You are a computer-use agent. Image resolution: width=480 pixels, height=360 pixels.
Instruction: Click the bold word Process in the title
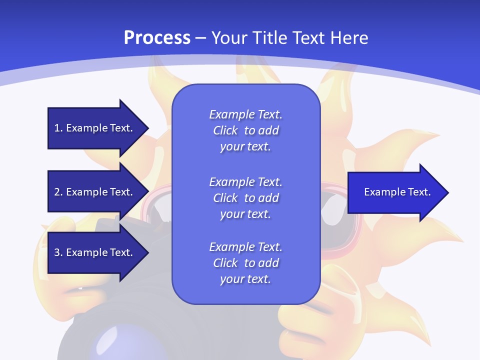(157, 38)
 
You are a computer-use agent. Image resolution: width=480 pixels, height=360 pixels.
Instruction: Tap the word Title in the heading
(268, 38)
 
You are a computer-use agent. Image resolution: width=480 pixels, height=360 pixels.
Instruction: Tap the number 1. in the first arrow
(58, 128)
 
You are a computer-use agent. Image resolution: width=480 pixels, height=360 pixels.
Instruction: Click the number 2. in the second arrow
(58, 192)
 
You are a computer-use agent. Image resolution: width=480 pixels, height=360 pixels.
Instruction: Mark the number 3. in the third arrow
(58, 252)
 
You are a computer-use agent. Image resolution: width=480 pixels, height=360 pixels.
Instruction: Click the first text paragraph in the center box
(245, 130)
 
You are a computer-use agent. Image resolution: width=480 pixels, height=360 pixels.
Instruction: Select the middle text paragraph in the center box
(245, 198)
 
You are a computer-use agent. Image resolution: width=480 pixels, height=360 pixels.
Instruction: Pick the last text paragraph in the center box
(245, 263)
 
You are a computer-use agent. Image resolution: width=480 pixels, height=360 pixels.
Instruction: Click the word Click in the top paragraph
(225, 130)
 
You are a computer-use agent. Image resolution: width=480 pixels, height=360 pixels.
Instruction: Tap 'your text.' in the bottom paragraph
(245, 279)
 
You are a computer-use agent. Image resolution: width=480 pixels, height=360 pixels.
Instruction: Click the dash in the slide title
(201, 38)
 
